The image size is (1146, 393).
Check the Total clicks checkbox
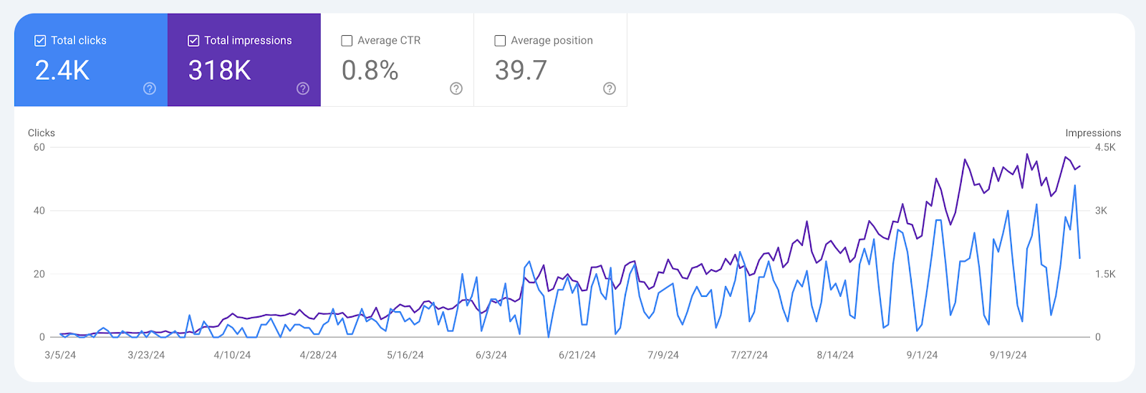(41, 41)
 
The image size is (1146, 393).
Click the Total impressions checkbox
(193, 41)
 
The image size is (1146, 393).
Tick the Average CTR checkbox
(347, 41)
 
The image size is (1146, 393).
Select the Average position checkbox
(500, 41)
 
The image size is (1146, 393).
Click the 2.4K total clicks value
(62, 70)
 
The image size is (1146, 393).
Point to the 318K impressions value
(219, 70)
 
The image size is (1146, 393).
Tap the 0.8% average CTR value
(370, 70)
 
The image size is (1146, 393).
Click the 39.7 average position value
(521, 70)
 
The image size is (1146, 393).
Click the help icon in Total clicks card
(150, 88)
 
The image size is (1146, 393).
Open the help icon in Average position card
(610, 88)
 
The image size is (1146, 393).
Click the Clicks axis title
(42, 133)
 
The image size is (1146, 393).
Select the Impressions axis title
(1093, 133)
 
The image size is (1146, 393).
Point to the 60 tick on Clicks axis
(39, 147)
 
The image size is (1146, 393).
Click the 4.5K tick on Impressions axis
(1105, 147)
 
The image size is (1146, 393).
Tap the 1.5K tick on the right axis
(1105, 274)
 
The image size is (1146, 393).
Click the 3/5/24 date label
(60, 355)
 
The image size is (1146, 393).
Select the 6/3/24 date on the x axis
(491, 355)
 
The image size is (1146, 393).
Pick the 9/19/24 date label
(1008, 355)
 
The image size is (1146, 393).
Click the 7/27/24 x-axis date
(749, 355)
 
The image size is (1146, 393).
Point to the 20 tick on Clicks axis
(39, 274)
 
